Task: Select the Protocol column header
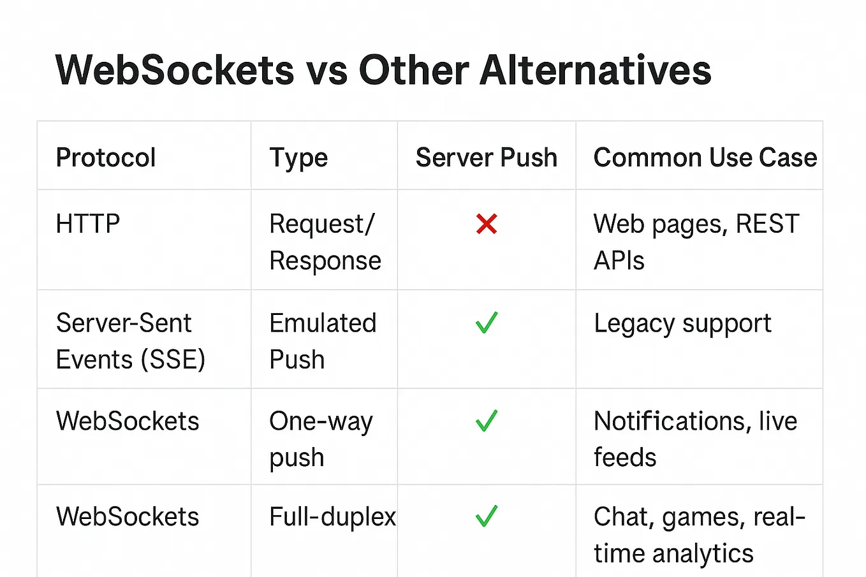pyautogui.click(x=106, y=157)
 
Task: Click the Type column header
pyautogui.click(x=298, y=157)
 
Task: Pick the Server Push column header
pyautogui.click(x=487, y=157)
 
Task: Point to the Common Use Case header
pyautogui.click(x=705, y=157)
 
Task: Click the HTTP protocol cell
pyautogui.click(x=88, y=224)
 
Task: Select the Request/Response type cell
pyautogui.click(x=325, y=242)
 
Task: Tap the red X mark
pyautogui.click(x=487, y=224)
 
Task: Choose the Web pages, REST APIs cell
pyautogui.click(x=696, y=242)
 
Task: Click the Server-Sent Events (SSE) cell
pyautogui.click(x=131, y=341)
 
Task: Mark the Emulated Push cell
pyautogui.click(x=323, y=341)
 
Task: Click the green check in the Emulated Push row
pyautogui.click(x=487, y=323)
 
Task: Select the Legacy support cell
pyautogui.click(x=682, y=324)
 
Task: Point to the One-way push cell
pyautogui.click(x=321, y=439)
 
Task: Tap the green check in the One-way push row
pyautogui.click(x=487, y=421)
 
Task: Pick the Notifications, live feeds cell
pyautogui.click(x=695, y=439)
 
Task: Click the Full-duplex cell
pyautogui.click(x=332, y=516)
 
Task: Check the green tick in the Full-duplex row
pyautogui.click(x=487, y=516)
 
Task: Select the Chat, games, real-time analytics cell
pyautogui.click(x=699, y=535)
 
